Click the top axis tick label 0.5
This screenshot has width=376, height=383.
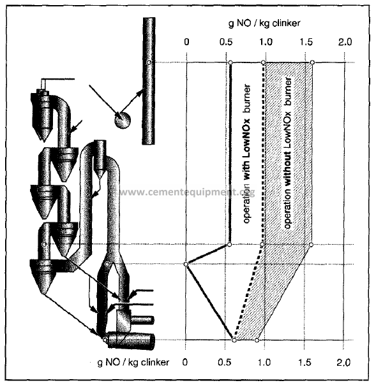(226, 42)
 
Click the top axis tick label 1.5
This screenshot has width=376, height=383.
(306, 42)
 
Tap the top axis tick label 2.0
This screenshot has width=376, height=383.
(345, 42)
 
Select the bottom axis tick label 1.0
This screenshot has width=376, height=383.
(264, 362)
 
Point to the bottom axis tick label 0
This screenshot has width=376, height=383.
(185, 362)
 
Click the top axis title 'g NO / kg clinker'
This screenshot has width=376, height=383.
(264, 23)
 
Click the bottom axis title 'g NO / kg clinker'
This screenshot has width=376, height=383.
(133, 362)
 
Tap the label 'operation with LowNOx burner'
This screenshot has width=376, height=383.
(247, 154)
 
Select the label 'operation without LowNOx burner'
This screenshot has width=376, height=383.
(288, 153)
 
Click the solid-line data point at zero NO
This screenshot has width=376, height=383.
(186, 264)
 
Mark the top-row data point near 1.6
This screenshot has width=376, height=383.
(312, 63)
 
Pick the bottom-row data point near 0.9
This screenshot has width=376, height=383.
(257, 340)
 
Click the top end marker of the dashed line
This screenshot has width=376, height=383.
(263, 63)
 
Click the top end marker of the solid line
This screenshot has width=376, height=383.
(230, 63)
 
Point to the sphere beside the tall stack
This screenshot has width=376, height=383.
(123, 120)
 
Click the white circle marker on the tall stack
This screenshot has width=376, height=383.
(149, 62)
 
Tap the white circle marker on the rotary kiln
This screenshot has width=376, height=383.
(105, 340)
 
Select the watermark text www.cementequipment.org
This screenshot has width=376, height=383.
(187, 192)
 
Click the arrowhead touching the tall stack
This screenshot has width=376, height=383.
(140, 92)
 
